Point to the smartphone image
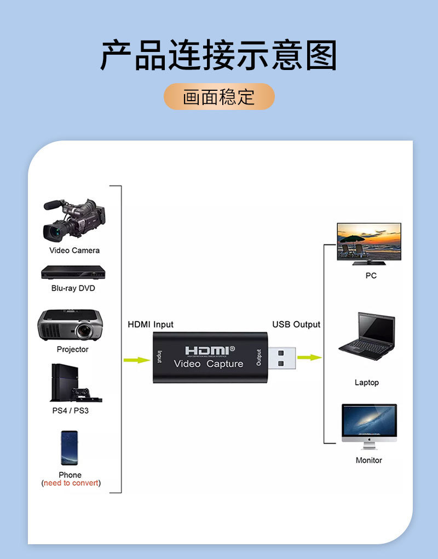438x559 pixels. pos(69,448)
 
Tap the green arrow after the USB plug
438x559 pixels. pos(309,357)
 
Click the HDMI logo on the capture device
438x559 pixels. pos(209,350)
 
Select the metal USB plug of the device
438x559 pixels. pos(283,357)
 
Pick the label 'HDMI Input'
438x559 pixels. pos(151,324)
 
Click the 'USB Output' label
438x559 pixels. pos(296,324)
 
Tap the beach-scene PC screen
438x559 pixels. pos(368,242)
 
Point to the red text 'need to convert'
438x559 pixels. pos(71,483)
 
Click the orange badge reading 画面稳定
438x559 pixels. pos(219,97)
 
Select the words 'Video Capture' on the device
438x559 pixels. pos(209,364)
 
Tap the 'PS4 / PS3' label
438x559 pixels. pos(70,410)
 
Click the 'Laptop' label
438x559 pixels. pos(366,382)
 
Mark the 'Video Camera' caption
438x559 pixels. pos(74,250)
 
